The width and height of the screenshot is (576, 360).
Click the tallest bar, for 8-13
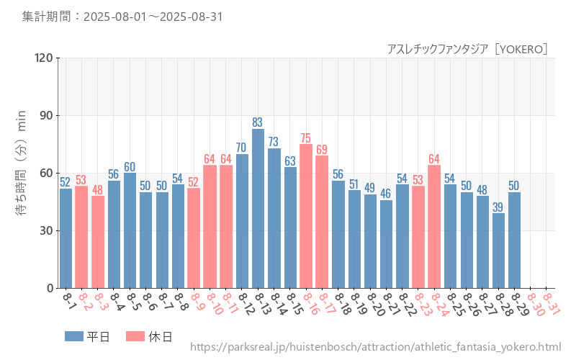tap(258, 209)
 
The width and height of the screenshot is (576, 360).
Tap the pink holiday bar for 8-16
tap(306, 216)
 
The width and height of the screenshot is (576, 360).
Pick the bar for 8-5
tap(130, 230)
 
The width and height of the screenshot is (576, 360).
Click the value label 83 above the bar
tap(258, 122)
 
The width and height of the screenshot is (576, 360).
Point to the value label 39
tap(498, 207)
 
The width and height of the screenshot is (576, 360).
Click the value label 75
tap(306, 138)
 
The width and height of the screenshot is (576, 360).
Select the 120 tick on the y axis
tap(44, 58)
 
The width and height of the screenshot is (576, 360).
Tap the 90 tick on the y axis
tap(47, 115)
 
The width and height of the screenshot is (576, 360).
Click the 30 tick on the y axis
tap(47, 230)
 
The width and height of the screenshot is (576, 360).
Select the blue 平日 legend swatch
tap(73, 336)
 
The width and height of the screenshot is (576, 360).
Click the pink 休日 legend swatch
tap(135, 336)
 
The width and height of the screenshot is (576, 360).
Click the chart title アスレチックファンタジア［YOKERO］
tap(468, 49)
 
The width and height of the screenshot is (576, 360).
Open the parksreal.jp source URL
tap(375, 347)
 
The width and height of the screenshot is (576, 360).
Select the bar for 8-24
tap(434, 227)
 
